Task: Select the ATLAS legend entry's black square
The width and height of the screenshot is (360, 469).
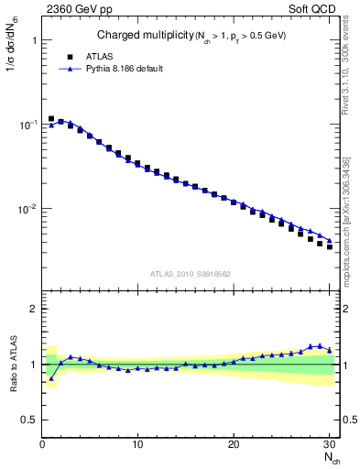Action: (x=70, y=56)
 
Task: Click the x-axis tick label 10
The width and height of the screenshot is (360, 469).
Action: (x=137, y=444)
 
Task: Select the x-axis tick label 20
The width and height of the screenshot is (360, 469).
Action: (x=234, y=444)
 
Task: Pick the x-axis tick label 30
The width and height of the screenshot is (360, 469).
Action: (x=329, y=444)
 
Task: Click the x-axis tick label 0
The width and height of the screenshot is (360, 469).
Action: (x=42, y=444)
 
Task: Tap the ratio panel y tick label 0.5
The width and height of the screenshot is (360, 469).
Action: (x=29, y=420)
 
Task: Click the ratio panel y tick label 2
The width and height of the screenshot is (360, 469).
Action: (x=33, y=310)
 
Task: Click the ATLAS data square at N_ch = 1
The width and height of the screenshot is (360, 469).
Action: (x=51, y=119)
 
